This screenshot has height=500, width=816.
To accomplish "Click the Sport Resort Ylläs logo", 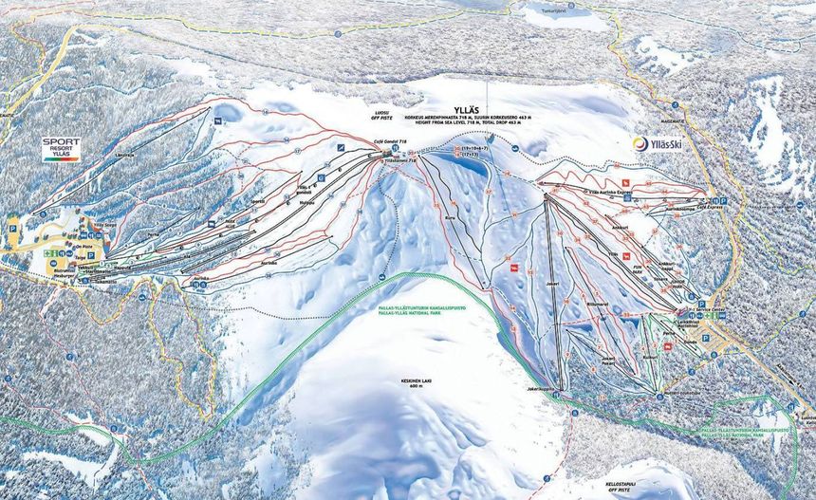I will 60,149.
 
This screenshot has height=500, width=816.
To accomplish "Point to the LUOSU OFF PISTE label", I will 384,114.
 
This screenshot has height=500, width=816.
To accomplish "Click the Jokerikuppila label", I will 540,388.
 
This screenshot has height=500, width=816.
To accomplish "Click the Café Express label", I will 710,203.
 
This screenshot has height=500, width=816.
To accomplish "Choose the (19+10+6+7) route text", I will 475,149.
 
